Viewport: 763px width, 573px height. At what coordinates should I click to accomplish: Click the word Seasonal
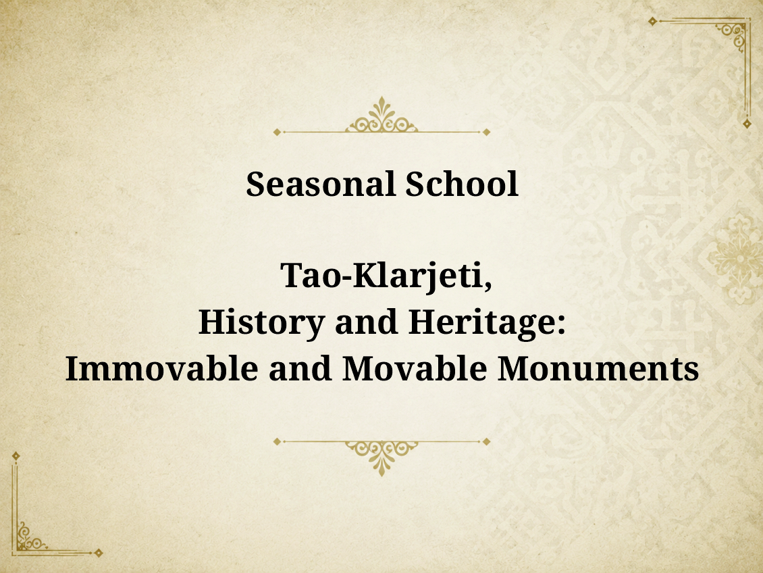[x=320, y=184]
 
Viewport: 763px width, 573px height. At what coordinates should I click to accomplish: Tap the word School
[x=462, y=184]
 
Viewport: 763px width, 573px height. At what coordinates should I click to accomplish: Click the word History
[x=262, y=323]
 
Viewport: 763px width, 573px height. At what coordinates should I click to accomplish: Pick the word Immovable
[x=161, y=368]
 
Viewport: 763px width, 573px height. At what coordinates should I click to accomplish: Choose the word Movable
[x=415, y=368]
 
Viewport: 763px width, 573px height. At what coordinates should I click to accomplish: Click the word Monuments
[x=598, y=368]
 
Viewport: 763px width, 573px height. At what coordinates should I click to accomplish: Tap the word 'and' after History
[x=367, y=322]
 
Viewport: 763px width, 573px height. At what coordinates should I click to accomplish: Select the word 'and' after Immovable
[x=300, y=368]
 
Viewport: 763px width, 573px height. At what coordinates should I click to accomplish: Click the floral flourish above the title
[x=381, y=116]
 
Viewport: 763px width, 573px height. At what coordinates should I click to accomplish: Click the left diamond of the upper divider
[x=278, y=132]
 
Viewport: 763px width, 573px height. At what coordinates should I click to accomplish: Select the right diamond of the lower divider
[x=486, y=441]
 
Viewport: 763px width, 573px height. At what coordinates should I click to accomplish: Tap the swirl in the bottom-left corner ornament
[x=29, y=537]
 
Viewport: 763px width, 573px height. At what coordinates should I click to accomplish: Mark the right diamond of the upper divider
[x=486, y=132]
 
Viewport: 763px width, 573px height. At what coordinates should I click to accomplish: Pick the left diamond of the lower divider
[x=278, y=441]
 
